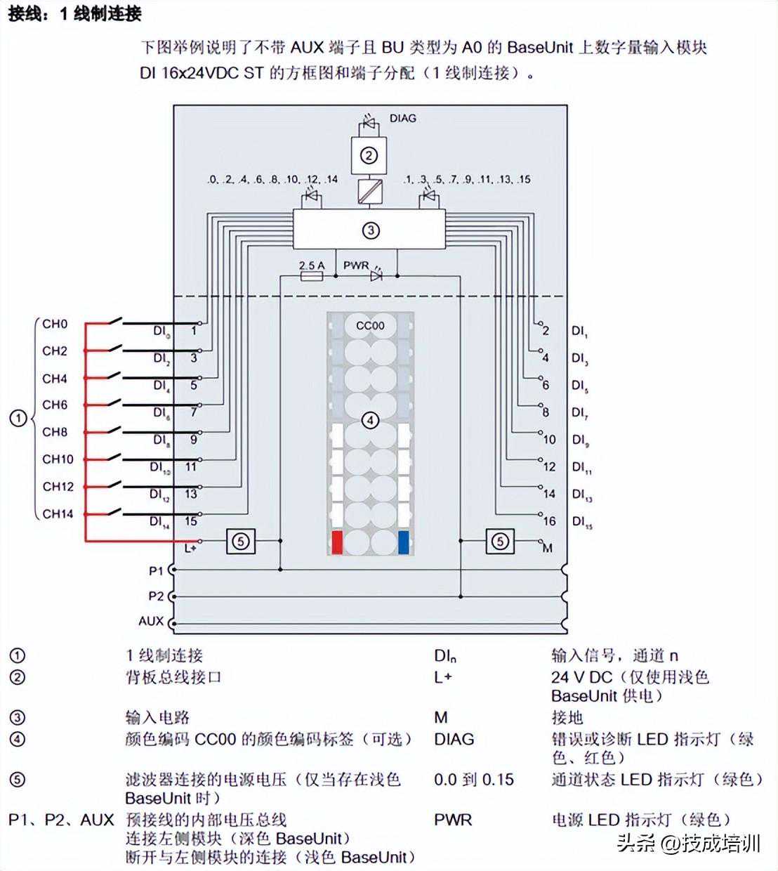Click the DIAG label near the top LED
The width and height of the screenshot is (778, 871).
click(402, 118)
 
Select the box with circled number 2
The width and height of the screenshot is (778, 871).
click(369, 155)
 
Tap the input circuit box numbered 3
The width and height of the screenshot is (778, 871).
click(369, 230)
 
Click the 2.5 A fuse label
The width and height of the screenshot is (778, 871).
click(311, 266)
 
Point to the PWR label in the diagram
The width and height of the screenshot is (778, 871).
click(356, 266)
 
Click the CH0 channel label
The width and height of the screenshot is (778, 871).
click(55, 324)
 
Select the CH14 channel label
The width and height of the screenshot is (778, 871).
click(58, 513)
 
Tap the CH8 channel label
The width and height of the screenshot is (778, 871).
click(55, 432)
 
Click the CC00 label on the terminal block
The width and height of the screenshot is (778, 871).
click(370, 325)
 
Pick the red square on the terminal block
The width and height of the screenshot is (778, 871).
click(336, 542)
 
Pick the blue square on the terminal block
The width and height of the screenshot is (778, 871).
click(404, 542)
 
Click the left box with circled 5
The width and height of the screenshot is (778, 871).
click(240, 541)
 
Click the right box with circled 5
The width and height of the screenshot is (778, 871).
click(499, 541)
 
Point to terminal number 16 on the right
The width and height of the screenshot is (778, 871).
click(549, 520)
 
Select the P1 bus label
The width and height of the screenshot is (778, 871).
click(155, 571)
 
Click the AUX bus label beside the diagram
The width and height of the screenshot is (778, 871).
click(151, 621)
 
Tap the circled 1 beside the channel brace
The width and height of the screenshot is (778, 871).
click(18, 419)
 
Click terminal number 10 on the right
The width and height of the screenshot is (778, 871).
click(549, 439)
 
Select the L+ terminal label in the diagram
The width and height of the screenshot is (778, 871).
click(189, 547)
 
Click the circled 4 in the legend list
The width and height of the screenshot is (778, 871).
click(18, 739)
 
